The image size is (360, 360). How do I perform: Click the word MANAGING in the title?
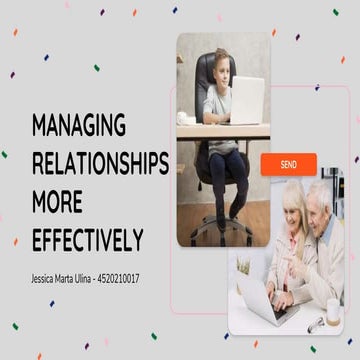[78, 125]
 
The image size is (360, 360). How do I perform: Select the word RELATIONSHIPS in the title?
[100, 164]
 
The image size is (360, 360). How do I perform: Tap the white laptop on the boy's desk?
[245, 100]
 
